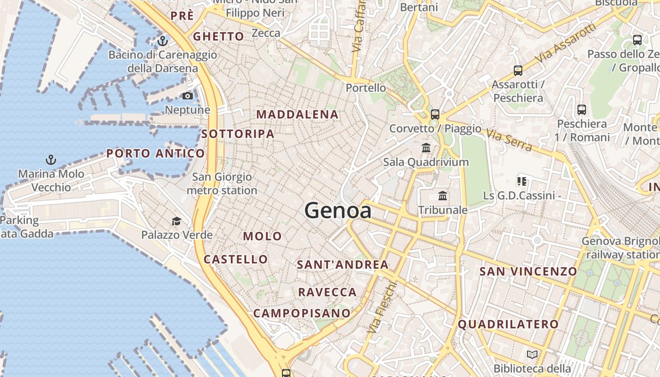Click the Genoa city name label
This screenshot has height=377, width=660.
click(x=338, y=210)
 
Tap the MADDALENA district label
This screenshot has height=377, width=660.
click(x=297, y=115)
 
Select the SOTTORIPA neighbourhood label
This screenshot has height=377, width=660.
click(x=238, y=134)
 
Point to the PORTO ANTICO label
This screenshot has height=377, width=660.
click(x=156, y=153)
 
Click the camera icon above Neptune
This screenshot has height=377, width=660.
click(x=188, y=96)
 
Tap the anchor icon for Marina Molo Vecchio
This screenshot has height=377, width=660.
click(x=51, y=160)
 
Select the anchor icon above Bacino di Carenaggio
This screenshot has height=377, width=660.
click(x=163, y=41)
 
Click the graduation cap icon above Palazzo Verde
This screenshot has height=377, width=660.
click(x=176, y=221)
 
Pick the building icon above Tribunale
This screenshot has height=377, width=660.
click(x=443, y=196)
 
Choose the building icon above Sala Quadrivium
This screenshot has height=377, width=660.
click(x=426, y=148)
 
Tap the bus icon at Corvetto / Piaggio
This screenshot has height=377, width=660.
click(x=435, y=114)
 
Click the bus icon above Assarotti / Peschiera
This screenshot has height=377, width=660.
click(x=518, y=71)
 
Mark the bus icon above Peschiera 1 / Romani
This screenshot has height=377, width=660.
click(x=582, y=110)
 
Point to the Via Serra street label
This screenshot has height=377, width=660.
click(x=509, y=140)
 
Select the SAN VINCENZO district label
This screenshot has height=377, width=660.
click(x=528, y=271)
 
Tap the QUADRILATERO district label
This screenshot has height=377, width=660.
click(x=508, y=324)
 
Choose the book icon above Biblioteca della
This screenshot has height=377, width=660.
click(x=532, y=354)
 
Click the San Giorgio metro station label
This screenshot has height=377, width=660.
click(x=222, y=184)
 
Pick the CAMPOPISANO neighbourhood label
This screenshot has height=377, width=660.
click(x=302, y=313)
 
